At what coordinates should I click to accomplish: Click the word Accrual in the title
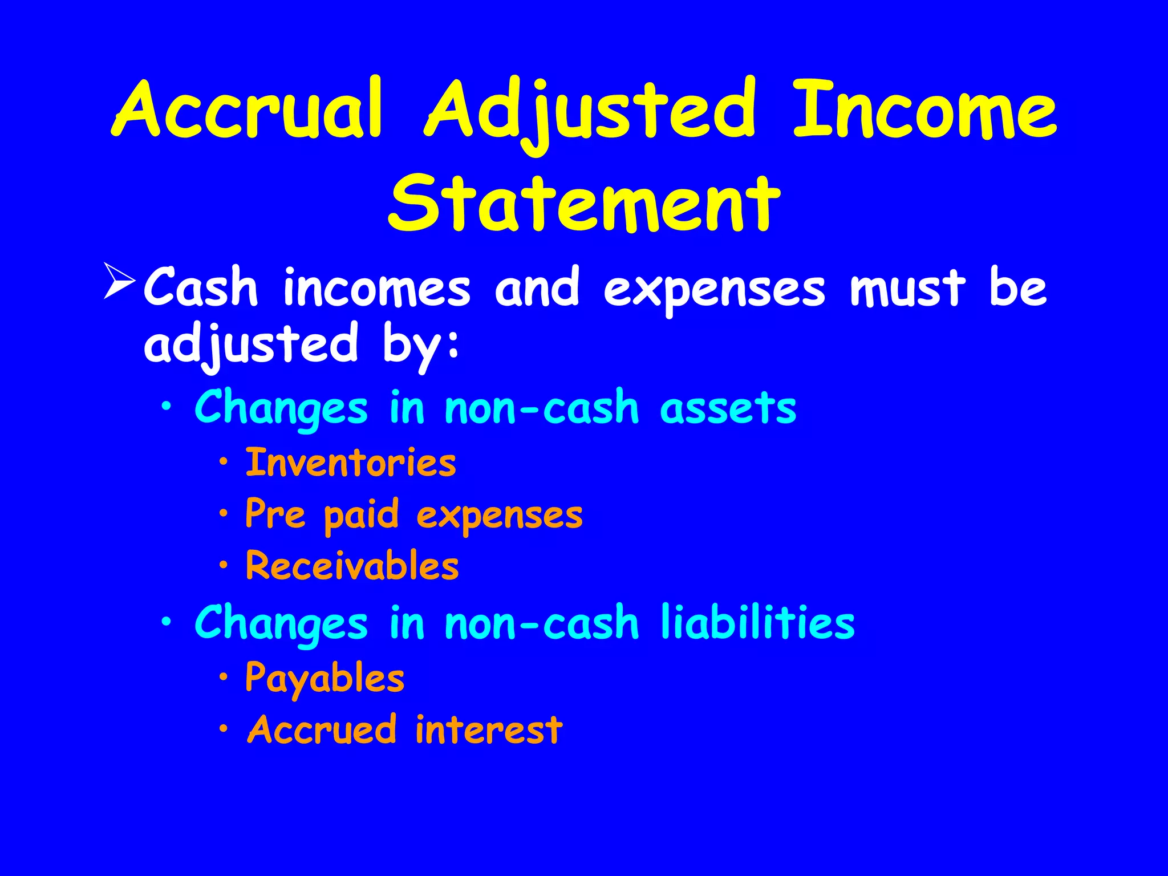pos(246,109)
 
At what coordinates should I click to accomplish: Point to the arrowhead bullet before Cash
pos(119,281)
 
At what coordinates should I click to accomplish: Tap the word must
pos(908,288)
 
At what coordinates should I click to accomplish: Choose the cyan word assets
pos(728,408)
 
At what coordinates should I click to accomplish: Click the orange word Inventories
pos(351,463)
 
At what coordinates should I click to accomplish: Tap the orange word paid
pos(361,515)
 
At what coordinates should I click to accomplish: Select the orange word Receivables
pos(352,566)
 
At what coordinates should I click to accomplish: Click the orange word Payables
pos(325,678)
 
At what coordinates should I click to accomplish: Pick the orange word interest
pos(489,729)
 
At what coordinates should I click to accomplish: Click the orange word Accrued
pos(322,729)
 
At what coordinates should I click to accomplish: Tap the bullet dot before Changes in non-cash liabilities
pos(166,623)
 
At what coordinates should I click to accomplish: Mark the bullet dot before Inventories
pos(224,461)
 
